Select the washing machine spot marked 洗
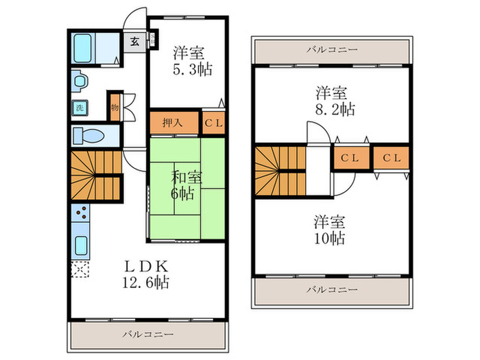(80, 108)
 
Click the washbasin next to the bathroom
(79, 82)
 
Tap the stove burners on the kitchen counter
(80, 217)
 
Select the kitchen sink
(80, 245)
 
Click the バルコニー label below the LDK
(148, 334)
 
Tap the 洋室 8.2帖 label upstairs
(331, 99)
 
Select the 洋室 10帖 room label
(330, 230)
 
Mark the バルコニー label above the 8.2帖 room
(332, 50)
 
